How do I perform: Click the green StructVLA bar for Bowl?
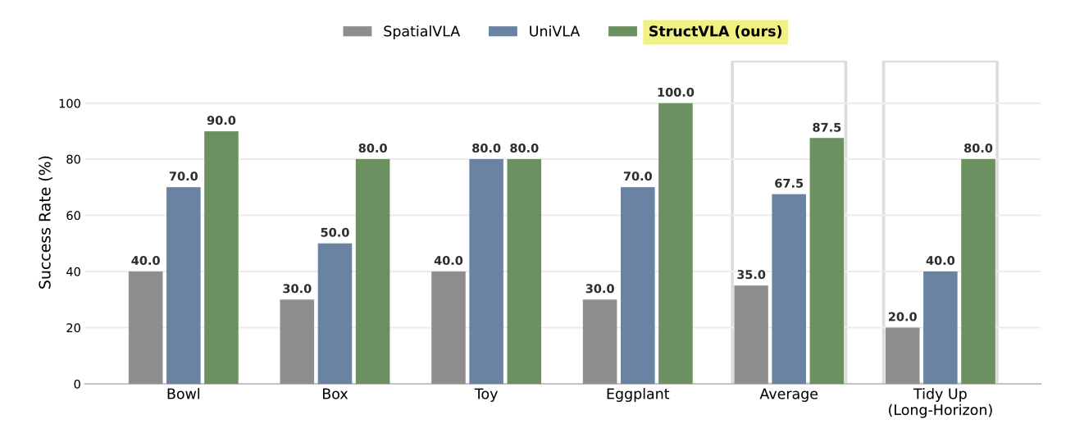point(221,258)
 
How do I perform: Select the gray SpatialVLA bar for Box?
point(297,341)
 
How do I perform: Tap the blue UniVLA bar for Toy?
point(486,272)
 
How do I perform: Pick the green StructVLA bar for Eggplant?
point(675,244)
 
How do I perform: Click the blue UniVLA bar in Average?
point(789,289)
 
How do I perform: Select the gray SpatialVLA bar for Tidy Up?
point(902,355)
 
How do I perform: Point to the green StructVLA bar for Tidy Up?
point(977,272)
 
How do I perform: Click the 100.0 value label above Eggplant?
point(675,93)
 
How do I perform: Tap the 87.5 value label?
point(826,128)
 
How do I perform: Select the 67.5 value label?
point(789,184)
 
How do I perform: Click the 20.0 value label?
point(902,317)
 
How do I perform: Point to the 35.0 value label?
point(751,275)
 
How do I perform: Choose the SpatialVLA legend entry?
point(401,32)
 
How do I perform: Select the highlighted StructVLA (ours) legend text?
point(715,32)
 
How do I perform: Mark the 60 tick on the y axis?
point(71,216)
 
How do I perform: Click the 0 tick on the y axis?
point(76,384)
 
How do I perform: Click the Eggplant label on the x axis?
point(637,395)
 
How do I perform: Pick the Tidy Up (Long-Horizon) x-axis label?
point(940,402)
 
